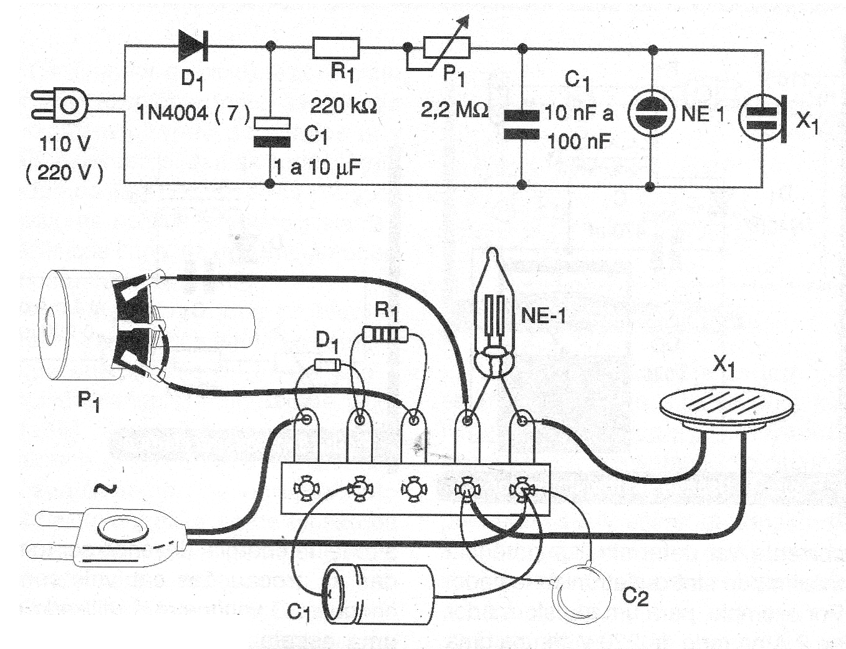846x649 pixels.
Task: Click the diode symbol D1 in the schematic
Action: click(193, 45)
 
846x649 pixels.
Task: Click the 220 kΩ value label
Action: click(344, 105)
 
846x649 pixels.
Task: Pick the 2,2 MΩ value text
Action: click(454, 110)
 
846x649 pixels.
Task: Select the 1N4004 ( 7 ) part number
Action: click(193, 113)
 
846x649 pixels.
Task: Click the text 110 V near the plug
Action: click(64, 144)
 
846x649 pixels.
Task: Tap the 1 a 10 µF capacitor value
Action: click(317, 167)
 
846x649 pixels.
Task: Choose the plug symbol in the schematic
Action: click(62, 105)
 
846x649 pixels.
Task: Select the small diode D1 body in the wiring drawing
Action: click(327, 364)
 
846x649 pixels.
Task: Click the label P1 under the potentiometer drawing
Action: click(89, 400)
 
